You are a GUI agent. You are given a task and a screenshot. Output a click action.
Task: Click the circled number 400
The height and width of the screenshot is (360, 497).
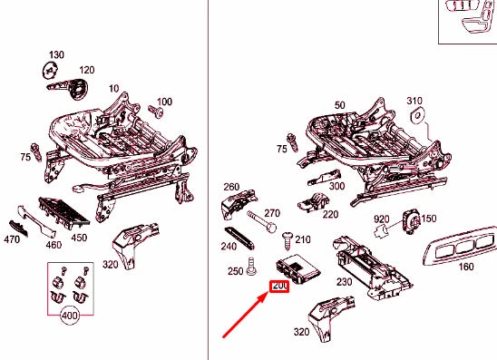(x=70, y=316)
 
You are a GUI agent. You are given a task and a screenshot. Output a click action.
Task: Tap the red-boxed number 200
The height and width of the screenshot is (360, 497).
(x=279, y=287)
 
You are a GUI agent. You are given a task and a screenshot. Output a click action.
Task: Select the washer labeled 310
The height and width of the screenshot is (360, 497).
(x=417, y=115)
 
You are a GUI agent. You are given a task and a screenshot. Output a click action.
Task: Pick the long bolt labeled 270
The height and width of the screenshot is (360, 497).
(x=261, y=222)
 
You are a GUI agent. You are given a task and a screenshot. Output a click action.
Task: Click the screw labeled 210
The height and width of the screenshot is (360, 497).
(x=287, y=241)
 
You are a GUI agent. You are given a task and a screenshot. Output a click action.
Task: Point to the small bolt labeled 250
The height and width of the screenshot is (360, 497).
(x=251, y=267)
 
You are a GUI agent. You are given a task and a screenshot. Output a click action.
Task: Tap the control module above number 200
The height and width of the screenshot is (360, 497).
(x=297, y=268)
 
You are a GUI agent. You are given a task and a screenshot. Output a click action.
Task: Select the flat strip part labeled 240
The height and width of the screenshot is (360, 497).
(x=239, y=238)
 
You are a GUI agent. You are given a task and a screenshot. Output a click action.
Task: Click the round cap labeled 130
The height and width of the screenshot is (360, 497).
(x=50, y=71)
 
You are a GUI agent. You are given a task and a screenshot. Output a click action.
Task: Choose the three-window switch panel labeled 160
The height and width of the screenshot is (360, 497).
(x=461, y=247)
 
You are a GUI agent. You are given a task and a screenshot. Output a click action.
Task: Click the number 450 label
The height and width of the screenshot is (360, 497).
(x=79, y=238)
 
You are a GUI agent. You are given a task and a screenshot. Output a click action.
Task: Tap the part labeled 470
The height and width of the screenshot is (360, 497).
(x=18, y=229)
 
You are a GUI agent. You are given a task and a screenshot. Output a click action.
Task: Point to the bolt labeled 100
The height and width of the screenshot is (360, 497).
(x=156, y=112)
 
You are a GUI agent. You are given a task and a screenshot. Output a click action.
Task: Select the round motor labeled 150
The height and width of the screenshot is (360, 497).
(x=412, y=222)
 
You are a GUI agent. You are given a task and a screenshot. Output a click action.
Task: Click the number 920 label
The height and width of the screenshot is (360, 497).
(x=381, y=219)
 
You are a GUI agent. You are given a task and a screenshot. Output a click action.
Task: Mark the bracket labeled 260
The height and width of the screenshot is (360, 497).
(x=239, y=204)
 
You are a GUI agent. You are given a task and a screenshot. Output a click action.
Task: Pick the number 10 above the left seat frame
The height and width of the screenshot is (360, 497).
(x=113, y=89)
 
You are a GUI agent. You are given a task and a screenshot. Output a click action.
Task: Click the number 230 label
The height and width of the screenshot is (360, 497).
(x=345, y=282)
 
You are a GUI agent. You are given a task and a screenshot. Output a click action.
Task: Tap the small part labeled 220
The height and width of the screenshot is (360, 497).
(x=313, y=202)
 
